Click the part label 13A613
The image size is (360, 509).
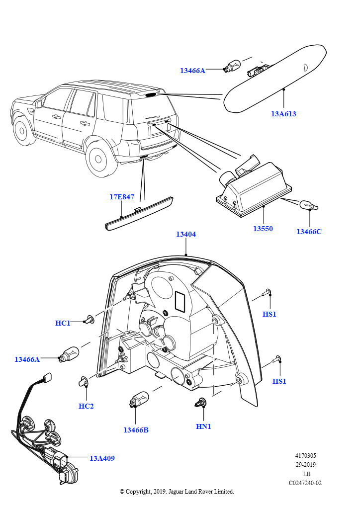[x=283, y=114]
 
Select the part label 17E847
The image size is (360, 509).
[x=122, y=197]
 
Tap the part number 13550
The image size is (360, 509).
[x=263, y=229]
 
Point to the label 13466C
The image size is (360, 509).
[x=309, y=232]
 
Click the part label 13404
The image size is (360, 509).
[x=186, y=235]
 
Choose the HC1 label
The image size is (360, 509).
[x=63, y=323]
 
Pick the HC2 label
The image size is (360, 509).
[x=86, y=406]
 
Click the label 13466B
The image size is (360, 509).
[x=136, y=430]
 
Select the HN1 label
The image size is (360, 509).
[x=203, y=426]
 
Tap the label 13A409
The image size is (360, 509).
[x=102, y=458]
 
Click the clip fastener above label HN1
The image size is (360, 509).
[x=199, y=403]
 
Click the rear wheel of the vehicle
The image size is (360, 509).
[x=98, y=159]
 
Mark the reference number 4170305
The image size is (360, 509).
[x=305, y=456]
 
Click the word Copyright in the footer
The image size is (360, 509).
[x=138, y=492]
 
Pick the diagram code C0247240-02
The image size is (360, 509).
[x=305, y=483]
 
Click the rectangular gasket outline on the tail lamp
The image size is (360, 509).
[x=180, y=301]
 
